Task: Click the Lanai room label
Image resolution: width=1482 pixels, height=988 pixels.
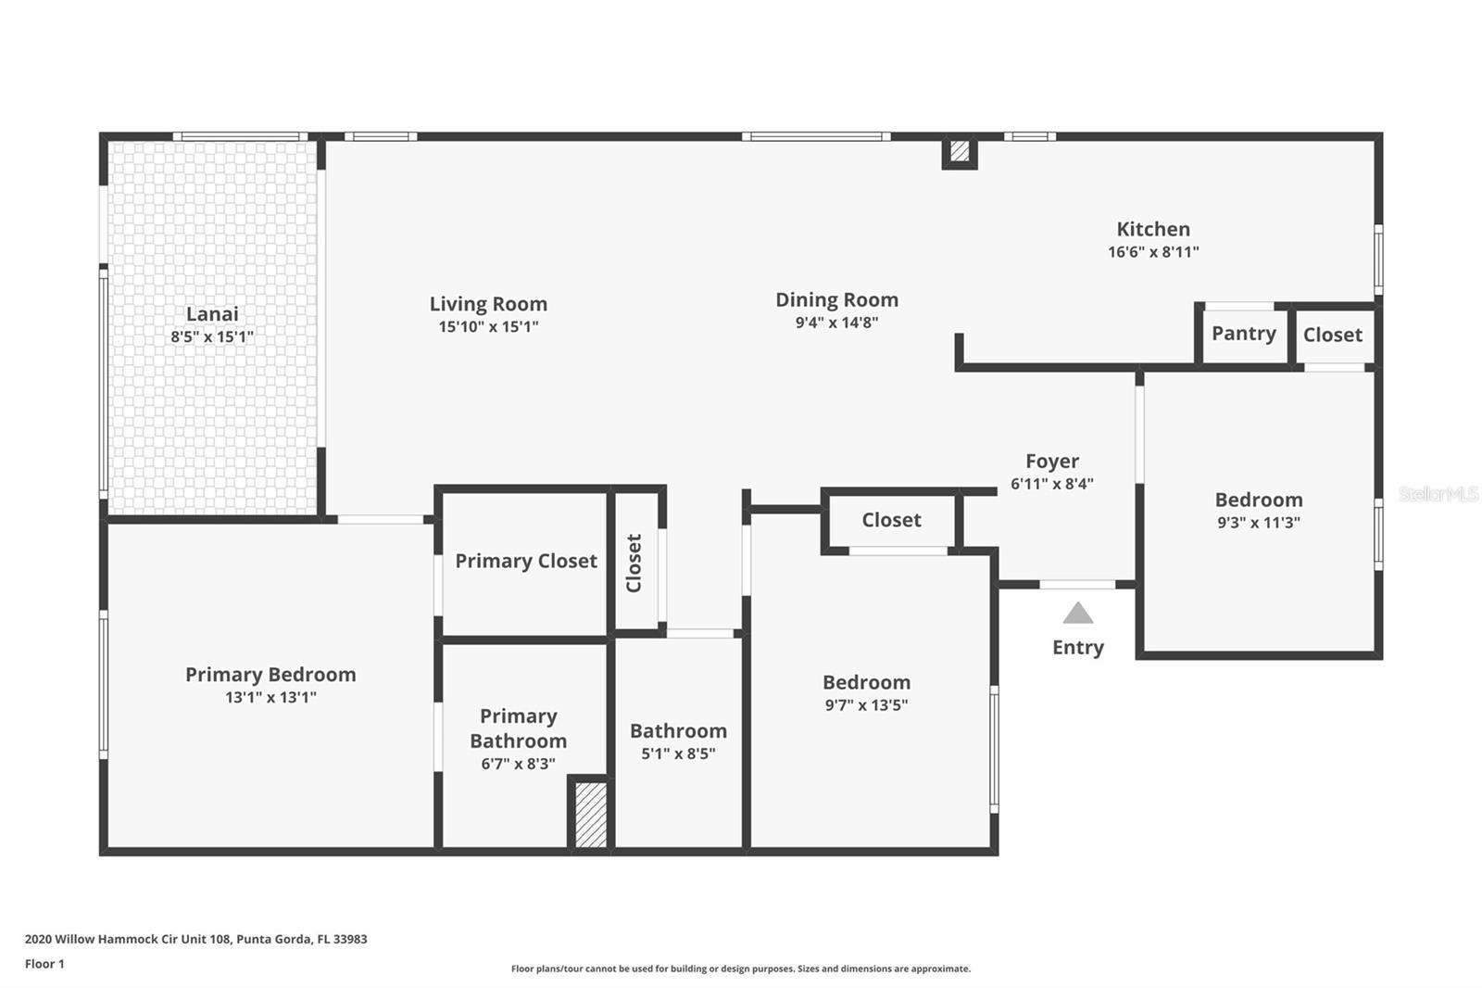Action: [x=212, y=314]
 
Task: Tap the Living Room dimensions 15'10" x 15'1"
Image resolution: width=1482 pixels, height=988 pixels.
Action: [x=488, y=327]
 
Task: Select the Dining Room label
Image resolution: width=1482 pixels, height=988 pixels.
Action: [x=836, y=300]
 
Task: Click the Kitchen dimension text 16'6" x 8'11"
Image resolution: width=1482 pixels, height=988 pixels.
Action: [x=1153, y=252]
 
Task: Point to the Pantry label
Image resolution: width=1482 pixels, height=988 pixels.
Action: [x=1243, y=334]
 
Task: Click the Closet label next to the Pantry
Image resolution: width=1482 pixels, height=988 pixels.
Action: [x=1332, y=335]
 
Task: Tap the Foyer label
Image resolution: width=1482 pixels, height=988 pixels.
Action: [x=1051, y=462]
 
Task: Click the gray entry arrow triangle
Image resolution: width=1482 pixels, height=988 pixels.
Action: [x=1077, y=614]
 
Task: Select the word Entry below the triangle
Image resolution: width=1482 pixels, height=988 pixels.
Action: [x=1077, y=648]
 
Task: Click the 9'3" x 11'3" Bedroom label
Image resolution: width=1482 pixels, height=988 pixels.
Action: [x=1258, y=500]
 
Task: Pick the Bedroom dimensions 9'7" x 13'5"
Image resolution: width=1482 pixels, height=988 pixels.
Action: [x=866, y=705]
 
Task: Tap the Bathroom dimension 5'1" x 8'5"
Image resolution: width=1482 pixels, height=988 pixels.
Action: [x=678, y=754]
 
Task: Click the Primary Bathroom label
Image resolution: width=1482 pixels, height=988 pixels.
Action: [x=518, y=728]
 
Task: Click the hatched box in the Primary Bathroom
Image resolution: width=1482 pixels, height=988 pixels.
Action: [x=591, y=815]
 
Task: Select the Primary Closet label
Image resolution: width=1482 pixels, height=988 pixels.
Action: [x=525, y=561]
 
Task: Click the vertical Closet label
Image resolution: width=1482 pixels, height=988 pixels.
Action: [x=634, y=563]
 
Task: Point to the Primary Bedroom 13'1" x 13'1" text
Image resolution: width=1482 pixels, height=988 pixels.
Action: [x=270, y=698]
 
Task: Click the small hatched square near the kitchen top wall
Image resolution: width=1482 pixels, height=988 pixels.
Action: [x=960, y=151]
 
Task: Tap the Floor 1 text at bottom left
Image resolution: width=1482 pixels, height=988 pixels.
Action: [x=44, y=964]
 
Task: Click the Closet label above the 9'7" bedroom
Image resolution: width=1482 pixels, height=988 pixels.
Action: [x=891, y=520]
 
